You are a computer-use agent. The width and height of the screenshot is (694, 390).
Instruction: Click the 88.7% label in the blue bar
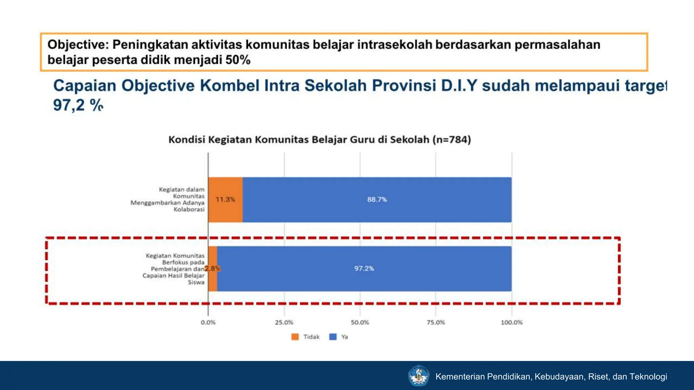[x=377, y=199]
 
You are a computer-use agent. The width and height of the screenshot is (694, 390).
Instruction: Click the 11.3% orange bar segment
[x=225, y=199]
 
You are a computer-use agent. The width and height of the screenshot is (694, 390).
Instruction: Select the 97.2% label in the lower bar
[x=364, y=268]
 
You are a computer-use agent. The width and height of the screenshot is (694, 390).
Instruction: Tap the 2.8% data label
[x=212, y=268]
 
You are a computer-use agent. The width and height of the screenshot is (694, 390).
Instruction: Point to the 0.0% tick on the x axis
[x=208, y=322]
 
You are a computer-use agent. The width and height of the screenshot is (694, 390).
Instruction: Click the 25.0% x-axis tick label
[x=284, y=322]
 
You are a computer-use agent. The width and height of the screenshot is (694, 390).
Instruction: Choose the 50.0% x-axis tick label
[x=360, y=322]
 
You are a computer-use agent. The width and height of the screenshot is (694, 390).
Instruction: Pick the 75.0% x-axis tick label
[x=436, y=322]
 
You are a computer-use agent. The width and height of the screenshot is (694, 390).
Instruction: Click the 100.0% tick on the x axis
[x=512, y=322]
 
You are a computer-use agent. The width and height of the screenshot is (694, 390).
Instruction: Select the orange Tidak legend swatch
[x=295, y=337]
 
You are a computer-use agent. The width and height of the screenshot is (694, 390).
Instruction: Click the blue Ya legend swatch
[x=333, y=337]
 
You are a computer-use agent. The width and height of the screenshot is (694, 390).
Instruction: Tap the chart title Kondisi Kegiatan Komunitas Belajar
[x=320, y=139]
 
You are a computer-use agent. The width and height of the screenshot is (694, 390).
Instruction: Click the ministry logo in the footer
[x=419, y=376]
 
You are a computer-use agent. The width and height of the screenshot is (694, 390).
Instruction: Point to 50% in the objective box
[x=238, y=60]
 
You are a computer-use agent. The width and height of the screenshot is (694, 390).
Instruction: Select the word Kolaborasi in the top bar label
[x=189, y=209]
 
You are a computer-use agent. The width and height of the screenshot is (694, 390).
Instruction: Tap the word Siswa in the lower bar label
[x=196, y=282]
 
